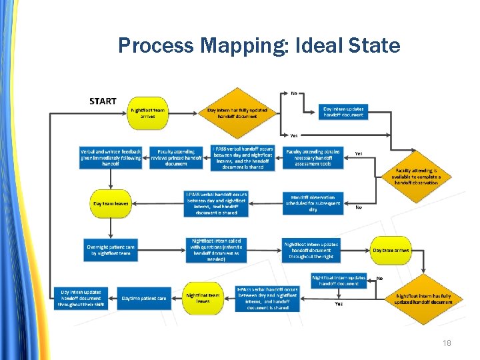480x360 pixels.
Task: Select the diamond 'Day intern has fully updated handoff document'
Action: [x=237, y=113]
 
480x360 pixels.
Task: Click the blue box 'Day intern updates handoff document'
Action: [x=344, y=111]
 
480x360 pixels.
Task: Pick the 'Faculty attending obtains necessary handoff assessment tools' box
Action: [x=313, y=158]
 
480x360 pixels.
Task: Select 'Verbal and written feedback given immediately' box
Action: [x=111, y=157]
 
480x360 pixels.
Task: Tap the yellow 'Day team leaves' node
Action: [x=111, y=203]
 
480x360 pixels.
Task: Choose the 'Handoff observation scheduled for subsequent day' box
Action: [x=313, y=203]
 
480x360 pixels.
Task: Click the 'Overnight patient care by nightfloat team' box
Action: [x=111, y=250]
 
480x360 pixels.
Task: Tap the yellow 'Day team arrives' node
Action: [x=391, y=250]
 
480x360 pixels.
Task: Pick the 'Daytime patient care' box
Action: [x=144, y=298]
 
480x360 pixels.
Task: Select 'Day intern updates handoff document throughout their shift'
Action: [x=81, y=298]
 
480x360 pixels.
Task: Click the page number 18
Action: [x=447, y=343]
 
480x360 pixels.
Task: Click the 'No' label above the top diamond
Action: [x=294, y=93]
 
